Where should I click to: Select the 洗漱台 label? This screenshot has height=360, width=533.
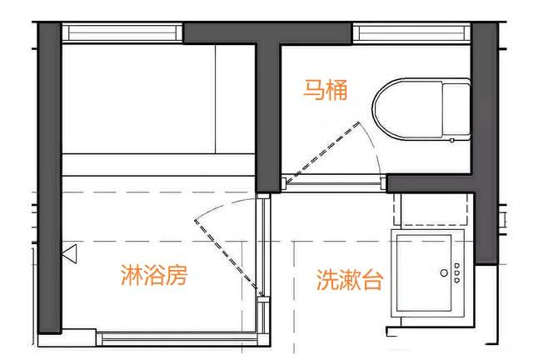349,280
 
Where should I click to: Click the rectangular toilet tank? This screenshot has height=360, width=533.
456,112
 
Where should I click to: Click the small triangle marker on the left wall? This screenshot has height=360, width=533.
70,251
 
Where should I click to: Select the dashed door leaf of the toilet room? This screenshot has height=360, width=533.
324,151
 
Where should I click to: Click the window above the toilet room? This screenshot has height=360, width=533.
411,33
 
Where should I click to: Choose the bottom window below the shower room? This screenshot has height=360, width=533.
179,338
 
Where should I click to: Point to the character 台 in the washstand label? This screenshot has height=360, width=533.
372,280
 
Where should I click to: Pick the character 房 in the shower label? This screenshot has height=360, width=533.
173,274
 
